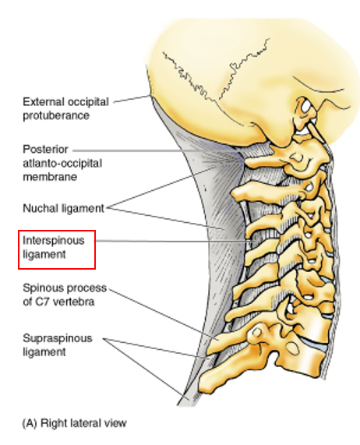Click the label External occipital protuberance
[x=65, y=108]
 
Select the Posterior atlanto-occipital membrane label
[x=62, y=163]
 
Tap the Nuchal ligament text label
[x=64, y=208]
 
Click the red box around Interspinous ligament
[x=57, y=249]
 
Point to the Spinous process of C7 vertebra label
[x=65, y=295]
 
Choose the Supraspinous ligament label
[x=58, y=345]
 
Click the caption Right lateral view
[x=83, y=423]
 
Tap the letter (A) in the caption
[x=30, y=423]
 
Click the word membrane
[x=50, y=177]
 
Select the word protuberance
[x=56, y=116]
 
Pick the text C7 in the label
[x=43, y=302]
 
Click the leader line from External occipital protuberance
[x=132, y=99]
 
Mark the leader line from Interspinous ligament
[x=173, y=242]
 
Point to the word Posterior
[x=45, y=150]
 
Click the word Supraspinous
[x=58, y=339]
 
